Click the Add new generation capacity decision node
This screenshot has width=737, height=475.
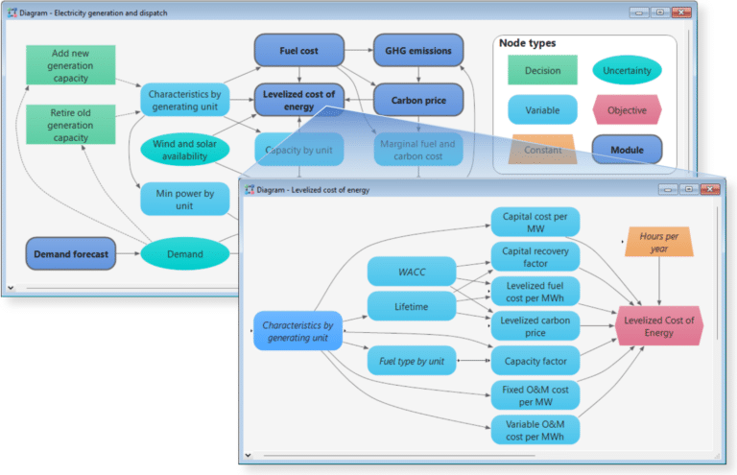point(70,66)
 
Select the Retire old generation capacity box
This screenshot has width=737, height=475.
point(70,125)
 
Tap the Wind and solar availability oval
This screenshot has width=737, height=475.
point(185,150)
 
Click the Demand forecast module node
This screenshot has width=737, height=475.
point(71,254)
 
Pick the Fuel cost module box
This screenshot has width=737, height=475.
point(298,50)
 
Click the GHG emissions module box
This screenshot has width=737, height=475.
point(417,50)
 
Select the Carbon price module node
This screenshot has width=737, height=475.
point(417,100)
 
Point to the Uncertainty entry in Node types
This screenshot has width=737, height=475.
point(627,70)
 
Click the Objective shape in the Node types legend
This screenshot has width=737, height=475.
point(627,110)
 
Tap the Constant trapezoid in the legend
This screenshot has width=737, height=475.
point(542,150)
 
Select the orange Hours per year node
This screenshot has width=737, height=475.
point(659,241)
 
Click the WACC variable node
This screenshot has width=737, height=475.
point(412,273)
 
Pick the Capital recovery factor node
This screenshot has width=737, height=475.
point(535,256)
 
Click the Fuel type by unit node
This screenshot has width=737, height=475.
point(412,361)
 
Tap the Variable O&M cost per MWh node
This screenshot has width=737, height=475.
point(535,430)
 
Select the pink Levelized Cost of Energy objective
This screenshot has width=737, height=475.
point(659,326)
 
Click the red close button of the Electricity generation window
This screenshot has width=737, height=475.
point(680,12)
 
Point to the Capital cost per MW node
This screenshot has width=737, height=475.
point(535,223)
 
